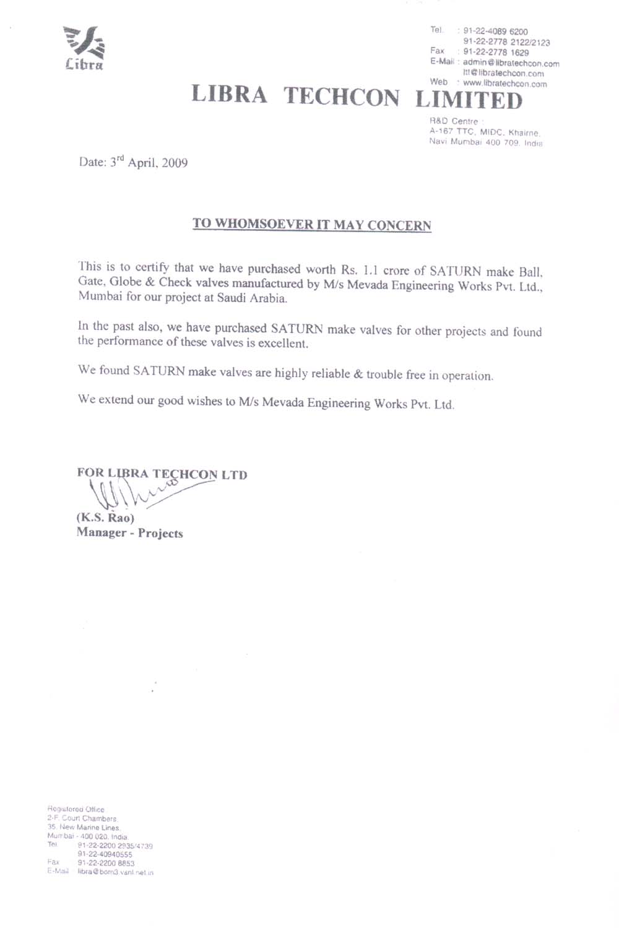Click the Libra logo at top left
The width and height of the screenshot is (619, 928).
click(84, 48)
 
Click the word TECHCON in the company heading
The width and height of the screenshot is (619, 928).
click(342, 97)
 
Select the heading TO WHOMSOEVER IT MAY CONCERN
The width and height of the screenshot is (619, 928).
click(311, 224)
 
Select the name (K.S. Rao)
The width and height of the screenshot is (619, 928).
click(105, 518)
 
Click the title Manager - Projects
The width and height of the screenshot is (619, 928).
click(129, 533)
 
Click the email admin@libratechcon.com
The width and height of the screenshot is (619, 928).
click(511, 63)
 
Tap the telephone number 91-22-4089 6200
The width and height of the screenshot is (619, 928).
click(495, 32)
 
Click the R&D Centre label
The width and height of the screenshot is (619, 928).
click(454, 121)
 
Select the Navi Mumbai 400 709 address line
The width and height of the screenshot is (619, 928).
click(486, 142)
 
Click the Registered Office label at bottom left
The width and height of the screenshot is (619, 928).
click(76, 809)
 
